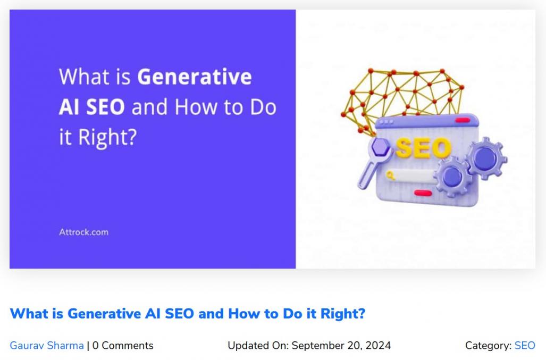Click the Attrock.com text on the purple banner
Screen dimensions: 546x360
pos(83,232)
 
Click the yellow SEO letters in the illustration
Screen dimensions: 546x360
pos(423,148)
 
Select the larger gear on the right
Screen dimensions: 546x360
pos(486,158)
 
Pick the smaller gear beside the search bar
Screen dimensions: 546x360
pos(452,177)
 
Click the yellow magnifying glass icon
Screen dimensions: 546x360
pos(390,175)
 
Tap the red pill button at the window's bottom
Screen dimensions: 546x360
pos(423,193)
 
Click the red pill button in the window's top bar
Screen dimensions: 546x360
pos(463,120)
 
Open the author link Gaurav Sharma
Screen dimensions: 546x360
pos(47,346)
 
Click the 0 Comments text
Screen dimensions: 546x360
pos(123,346)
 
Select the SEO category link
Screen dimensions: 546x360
pos(525,346)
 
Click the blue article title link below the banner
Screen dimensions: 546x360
pos(187,314)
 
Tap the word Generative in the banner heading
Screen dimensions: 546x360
pos(194,77)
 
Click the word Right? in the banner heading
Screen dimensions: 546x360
pos(107,137)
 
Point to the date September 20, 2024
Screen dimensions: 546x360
pos(341,346)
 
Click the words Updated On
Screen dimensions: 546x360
pos(258,346)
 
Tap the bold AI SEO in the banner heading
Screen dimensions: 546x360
pos(91,107)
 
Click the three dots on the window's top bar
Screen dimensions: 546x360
pos(387,122)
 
